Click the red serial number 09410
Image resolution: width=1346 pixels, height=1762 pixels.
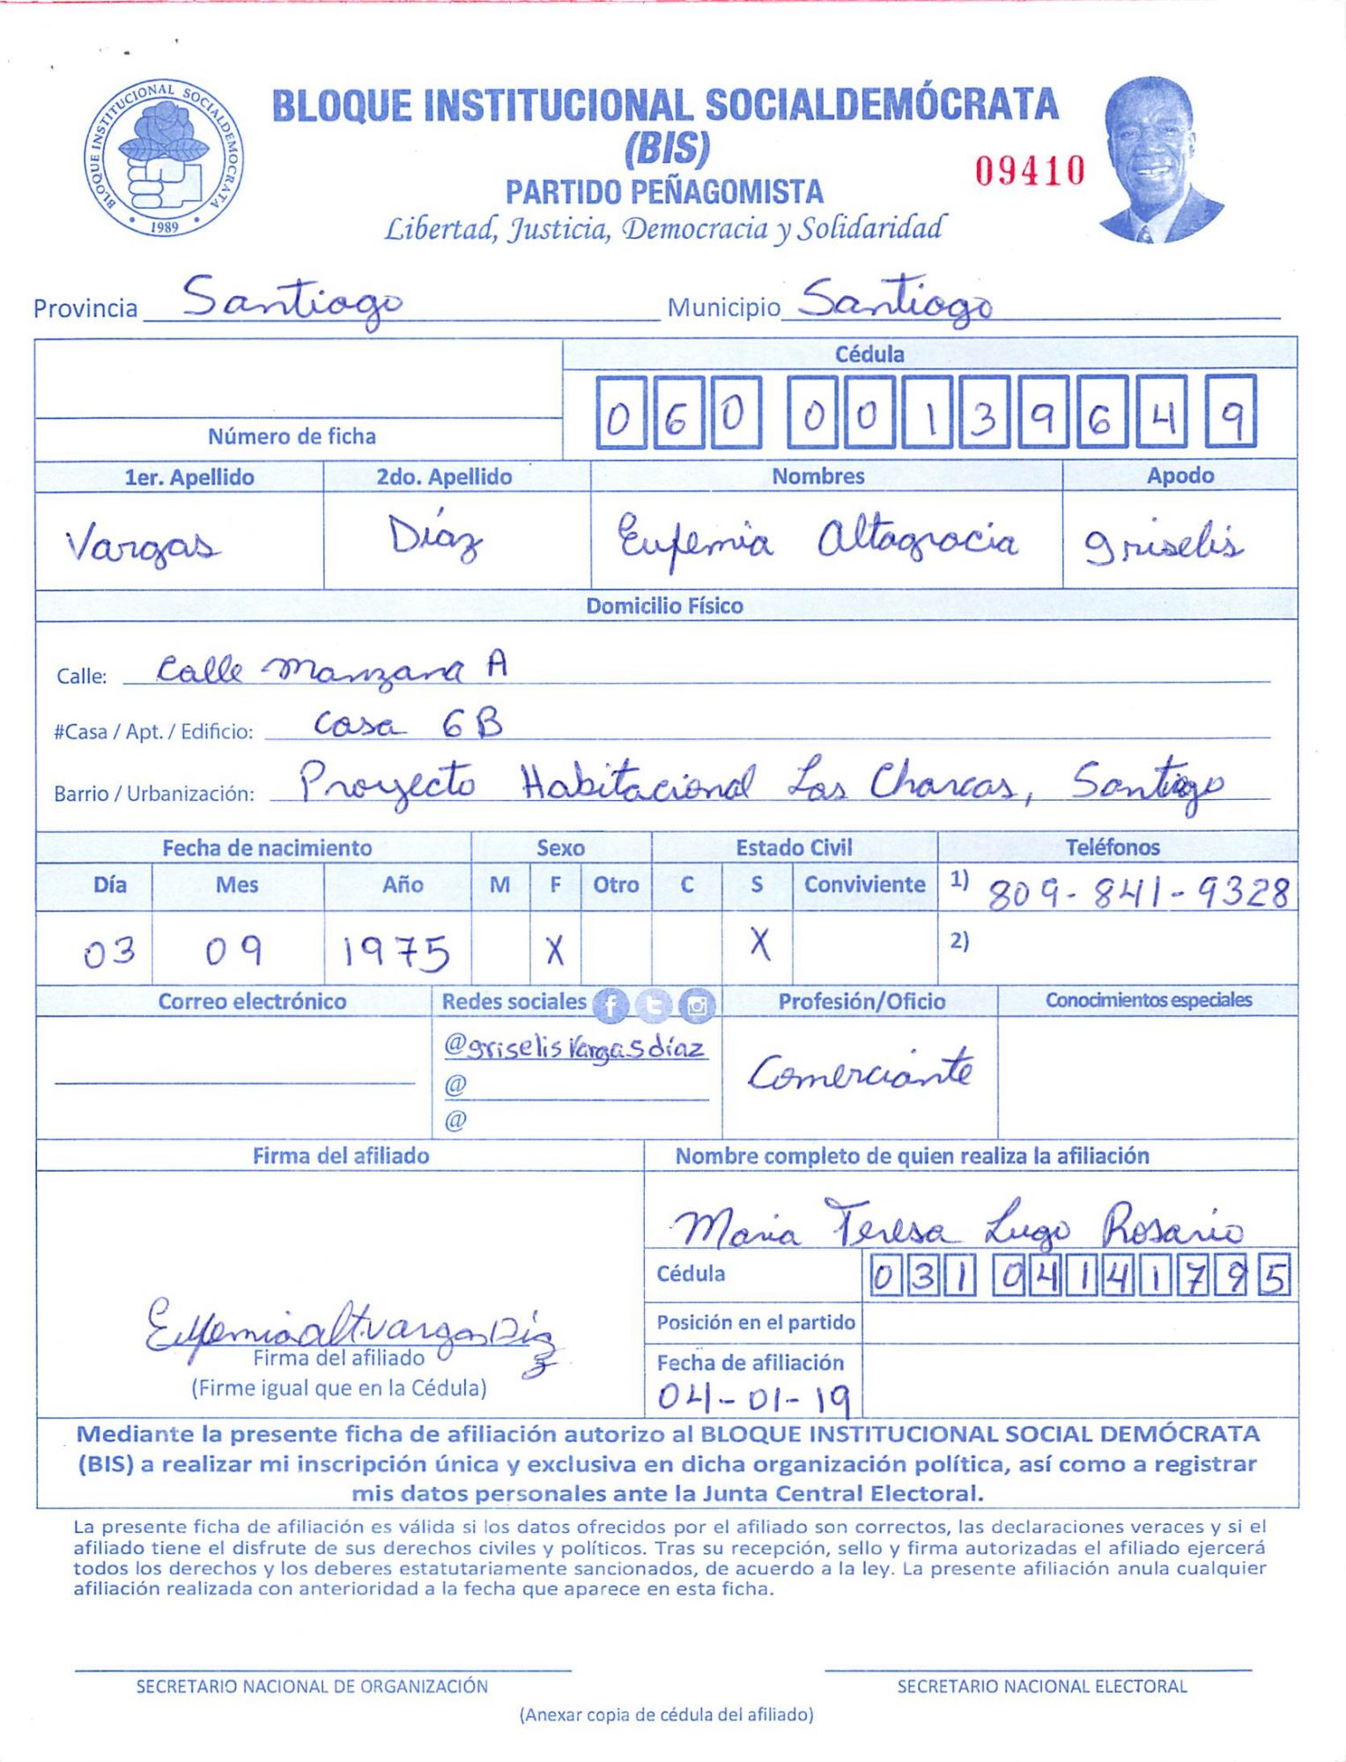(x=1029, y=170)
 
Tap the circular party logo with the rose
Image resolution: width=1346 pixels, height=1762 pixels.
(x=165, y=159)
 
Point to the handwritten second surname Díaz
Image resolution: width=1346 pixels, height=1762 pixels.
(x=436, y=538)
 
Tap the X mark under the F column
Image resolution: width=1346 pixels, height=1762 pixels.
(x=554, y=950)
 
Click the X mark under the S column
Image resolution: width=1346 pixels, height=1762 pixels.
(x=759, y=944)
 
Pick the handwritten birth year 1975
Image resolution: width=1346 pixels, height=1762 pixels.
(x=396, y=952)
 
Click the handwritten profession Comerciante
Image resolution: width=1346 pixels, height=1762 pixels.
(x=861, y=1071)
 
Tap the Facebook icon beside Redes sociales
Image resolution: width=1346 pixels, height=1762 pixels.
(x=610, y=1004)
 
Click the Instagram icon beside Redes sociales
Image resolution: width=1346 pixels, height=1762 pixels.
(x=698, y=1004)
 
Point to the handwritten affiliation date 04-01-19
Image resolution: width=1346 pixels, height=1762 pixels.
(x=754, y=1396)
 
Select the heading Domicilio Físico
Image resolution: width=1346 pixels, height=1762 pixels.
(x=664, y=606)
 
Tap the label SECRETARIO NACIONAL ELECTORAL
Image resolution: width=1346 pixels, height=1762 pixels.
(x=1041, y=1686)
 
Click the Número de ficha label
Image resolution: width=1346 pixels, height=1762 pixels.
(x=292, y=436)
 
